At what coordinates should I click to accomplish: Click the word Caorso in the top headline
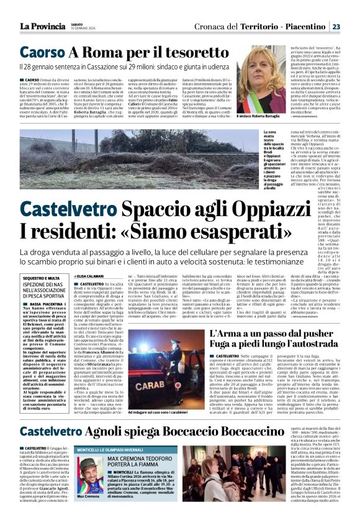point(40,53)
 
